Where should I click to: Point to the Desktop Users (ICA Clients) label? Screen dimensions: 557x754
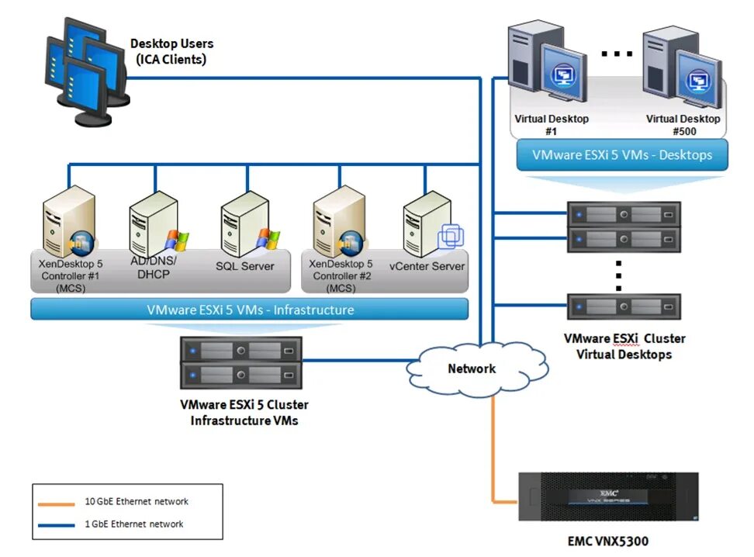(171, 51)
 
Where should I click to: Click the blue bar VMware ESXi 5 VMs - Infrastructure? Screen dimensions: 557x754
(250, 310)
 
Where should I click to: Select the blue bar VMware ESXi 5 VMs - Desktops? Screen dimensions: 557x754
(622, 155)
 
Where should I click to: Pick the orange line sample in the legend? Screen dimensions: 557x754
(57, 502)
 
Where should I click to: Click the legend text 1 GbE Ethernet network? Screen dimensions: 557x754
(134, 524)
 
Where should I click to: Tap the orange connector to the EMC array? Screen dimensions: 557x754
(493, 458)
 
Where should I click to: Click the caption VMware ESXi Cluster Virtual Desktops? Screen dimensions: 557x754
(624, 346)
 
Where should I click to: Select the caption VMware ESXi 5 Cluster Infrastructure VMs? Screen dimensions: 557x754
(244, 413)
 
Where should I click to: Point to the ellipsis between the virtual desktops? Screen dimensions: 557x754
(617, 54)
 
